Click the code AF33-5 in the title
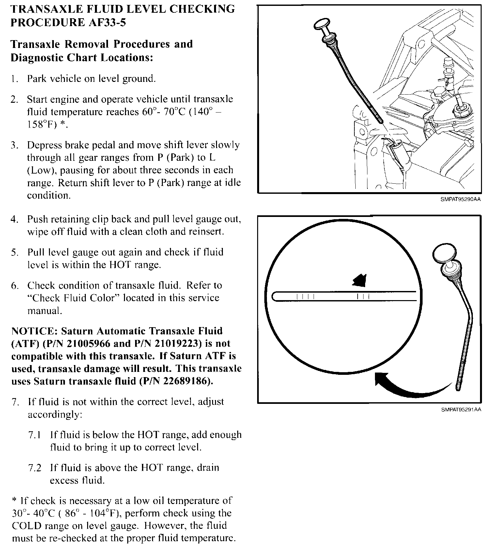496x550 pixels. point(107,23)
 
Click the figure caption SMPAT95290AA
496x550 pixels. point(460,200)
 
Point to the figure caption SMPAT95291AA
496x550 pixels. point(461,410)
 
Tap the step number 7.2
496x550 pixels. point(35,468)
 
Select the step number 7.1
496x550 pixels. point(35,435)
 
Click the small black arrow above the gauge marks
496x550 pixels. point(360,280)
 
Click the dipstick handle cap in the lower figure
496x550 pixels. point(443,253)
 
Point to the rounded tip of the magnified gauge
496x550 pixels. point(274,297)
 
